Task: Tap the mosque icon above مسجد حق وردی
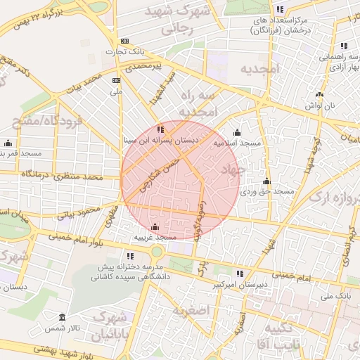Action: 266,181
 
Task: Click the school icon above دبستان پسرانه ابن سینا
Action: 161,129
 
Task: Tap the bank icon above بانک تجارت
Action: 125,41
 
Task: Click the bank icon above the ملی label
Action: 117,81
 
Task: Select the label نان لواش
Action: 320,105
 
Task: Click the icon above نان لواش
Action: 320,94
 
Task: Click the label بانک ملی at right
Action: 334,297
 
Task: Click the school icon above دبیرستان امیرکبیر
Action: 240,274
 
